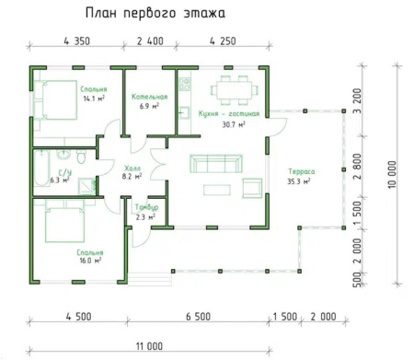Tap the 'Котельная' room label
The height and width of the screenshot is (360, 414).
148,97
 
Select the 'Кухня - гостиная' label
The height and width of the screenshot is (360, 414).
228,113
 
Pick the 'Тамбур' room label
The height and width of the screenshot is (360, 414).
147,208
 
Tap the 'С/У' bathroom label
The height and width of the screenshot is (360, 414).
66,171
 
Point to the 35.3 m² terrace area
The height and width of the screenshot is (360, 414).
300,181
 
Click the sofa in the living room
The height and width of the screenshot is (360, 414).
215,165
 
